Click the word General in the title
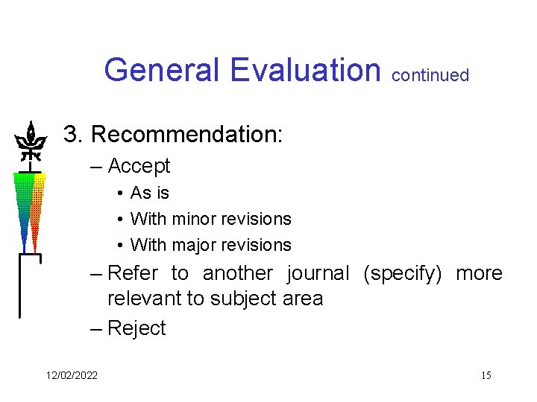point(163,70)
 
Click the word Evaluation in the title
point(306,70)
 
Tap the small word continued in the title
point(430,75)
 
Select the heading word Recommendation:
point(186,135)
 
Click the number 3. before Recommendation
point(74,135)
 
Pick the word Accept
point(139,166)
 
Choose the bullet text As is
point(149,193)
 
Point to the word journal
point(318,273)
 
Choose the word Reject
point(136,328)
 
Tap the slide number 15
point(486,375)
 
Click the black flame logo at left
point(30,141)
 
